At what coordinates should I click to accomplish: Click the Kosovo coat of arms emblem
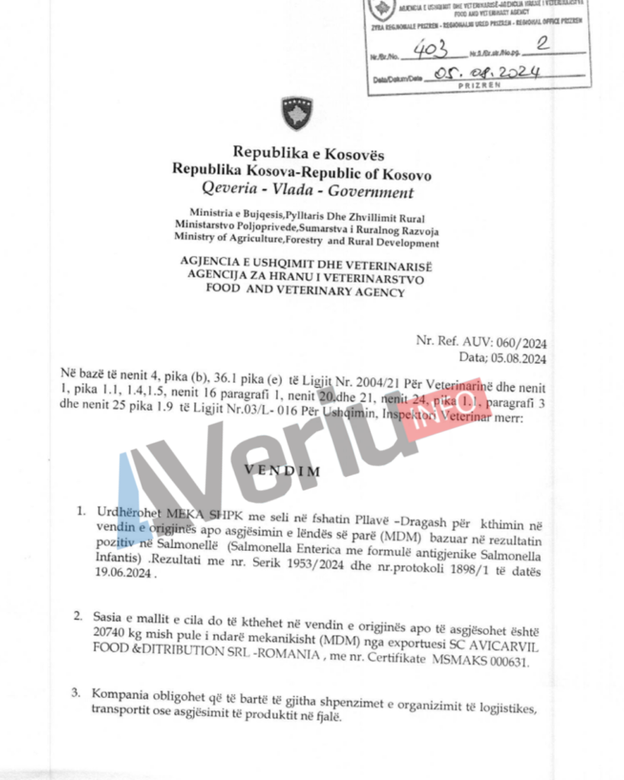coord(296,113)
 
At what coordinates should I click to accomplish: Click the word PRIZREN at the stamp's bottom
coord(479,86)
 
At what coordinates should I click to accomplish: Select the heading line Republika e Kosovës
coord(308,152)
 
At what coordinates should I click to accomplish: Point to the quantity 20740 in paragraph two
coord(109,631)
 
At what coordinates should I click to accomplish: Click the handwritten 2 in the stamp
coord(542,45)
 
